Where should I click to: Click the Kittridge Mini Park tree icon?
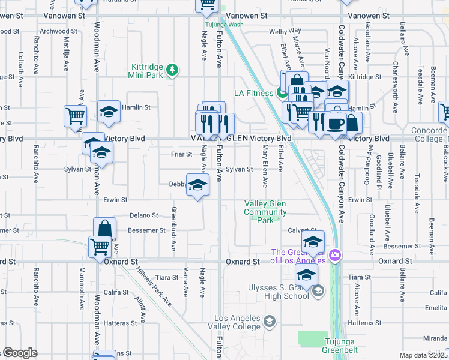point(173,71)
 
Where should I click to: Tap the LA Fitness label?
point(253,92)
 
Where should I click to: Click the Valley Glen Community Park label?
point(265,212)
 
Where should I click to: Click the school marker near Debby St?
point(197,185)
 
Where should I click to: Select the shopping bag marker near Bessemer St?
point(104,228)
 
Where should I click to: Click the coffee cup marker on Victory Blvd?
point(334,123)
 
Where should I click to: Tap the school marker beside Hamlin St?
point(109,112)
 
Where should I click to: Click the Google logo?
point(19,353)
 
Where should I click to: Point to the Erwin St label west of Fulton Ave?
point(115,200)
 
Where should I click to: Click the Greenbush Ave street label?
point(173,229)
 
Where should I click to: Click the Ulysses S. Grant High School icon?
point(318,292)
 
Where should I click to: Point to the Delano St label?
point(144,215)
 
